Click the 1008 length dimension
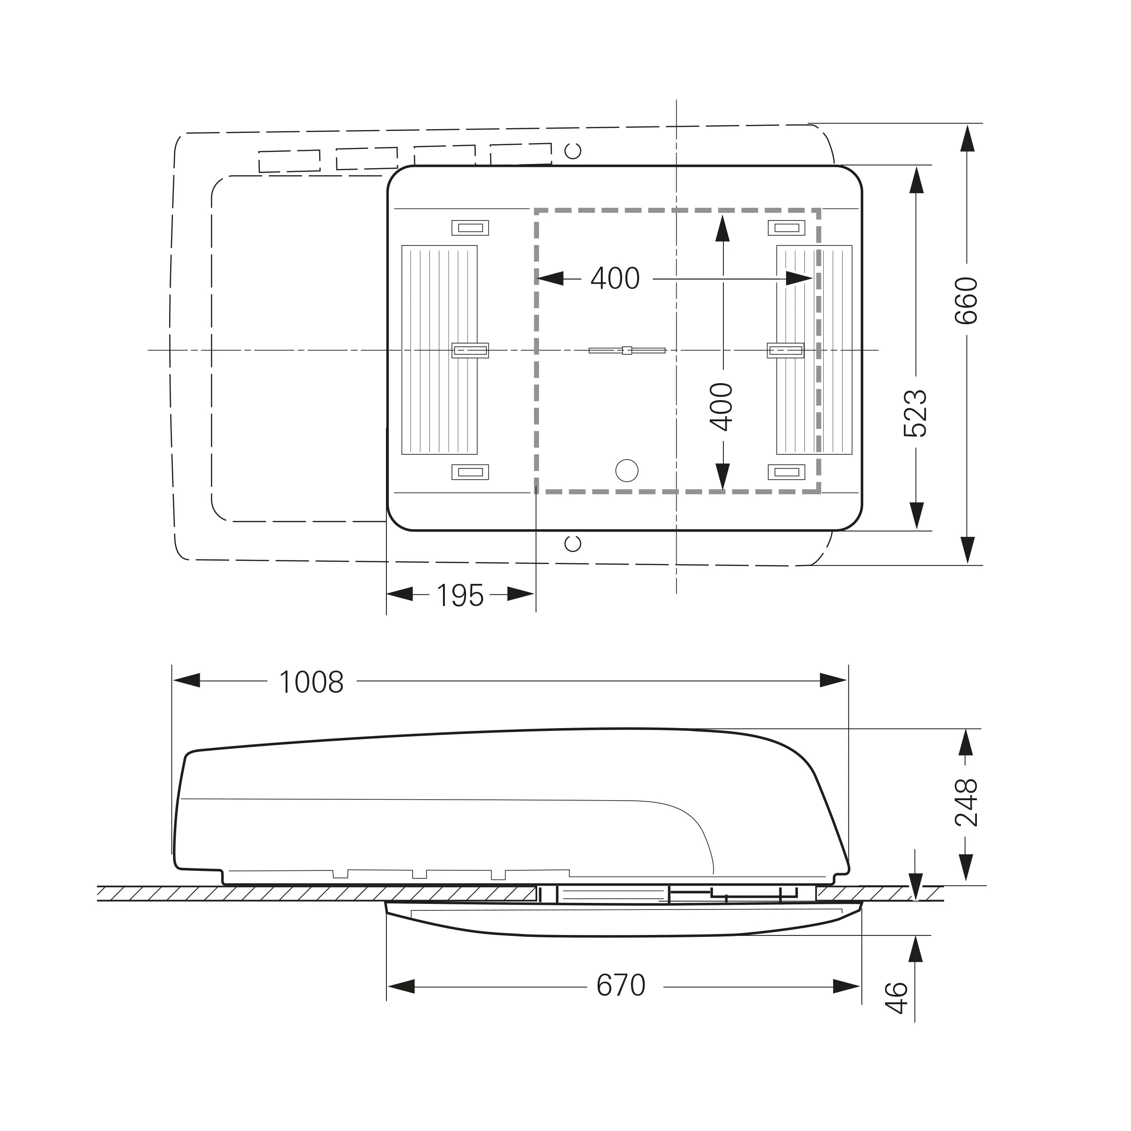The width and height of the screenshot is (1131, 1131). [311, 682]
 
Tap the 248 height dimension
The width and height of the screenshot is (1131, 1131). [967, 802]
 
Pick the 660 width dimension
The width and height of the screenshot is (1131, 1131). [967, 301]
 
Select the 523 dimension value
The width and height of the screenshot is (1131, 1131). [916, 413]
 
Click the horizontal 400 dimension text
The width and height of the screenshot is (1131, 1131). [615, 279]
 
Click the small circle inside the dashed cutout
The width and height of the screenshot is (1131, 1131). [627, 471]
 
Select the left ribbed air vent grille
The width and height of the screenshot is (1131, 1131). [440, 350]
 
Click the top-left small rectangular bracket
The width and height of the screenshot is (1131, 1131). [470, 228]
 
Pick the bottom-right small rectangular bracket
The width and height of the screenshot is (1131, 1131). [786, 472]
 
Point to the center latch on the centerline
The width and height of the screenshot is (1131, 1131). [627, 351]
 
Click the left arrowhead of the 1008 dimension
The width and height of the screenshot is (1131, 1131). [187, 680]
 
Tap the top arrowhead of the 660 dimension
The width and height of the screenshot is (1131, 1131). [967, 138]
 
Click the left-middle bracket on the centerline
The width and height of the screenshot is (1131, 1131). [470, 351]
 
